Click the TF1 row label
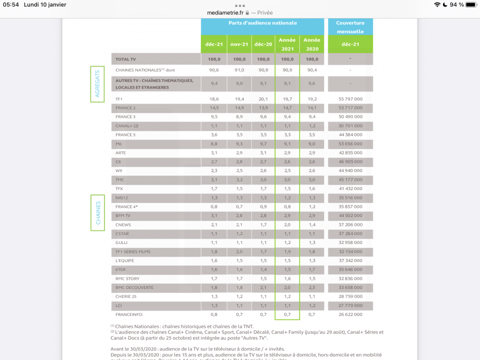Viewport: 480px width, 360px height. point(119,99)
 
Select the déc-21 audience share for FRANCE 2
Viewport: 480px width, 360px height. point(214,108)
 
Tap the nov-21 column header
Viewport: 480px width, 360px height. point(238,44)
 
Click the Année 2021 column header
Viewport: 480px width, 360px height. point(287,44)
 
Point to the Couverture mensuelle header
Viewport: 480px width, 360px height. point(350,27)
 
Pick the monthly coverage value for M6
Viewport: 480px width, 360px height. point(350,144)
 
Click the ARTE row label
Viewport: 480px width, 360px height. point(120,152)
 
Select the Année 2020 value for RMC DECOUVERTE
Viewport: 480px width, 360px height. point(312,287)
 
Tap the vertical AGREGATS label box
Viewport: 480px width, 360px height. point(97,84)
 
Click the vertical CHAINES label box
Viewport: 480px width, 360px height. point(97,212)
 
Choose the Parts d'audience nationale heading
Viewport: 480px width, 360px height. point(262,23)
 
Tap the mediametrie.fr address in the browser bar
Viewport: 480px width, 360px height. point(225,12)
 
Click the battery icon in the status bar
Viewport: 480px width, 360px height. point(470,4)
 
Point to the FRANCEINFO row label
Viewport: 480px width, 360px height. point(129,314)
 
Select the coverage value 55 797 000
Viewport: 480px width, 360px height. point(350,99)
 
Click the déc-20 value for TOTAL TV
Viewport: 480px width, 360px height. point(263,59)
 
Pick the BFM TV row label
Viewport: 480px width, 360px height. point(123,215)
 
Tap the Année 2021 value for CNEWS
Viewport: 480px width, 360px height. point(287,224)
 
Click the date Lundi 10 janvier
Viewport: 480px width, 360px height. point(45,4)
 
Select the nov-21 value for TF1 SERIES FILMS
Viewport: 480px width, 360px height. point(238,251)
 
